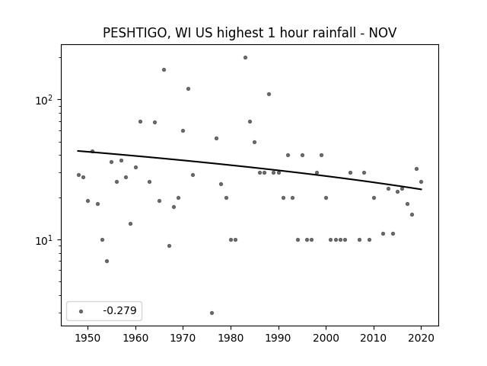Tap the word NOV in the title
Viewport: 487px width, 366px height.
coord(383,33)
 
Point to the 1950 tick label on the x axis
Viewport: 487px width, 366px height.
coord(88,338)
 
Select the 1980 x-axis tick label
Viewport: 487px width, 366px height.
coord(231,338)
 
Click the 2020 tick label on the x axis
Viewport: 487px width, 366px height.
coord(421,338)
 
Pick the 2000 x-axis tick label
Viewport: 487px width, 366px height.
coord(326,338)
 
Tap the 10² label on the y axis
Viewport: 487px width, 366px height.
coord(46,100)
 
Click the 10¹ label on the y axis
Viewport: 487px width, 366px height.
coord(46,240)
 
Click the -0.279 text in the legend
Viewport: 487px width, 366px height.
coord(120,310)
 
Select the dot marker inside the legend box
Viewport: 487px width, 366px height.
coord(81,311)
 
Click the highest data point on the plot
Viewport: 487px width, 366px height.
coord(245,58)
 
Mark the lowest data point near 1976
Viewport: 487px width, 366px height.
coord(212,313)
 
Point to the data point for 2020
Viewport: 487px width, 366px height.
coord(421,181)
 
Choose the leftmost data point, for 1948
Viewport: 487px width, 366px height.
coord(78,175)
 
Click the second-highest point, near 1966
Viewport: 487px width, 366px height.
coord(164,69)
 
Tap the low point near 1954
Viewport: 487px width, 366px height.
coord(107,261)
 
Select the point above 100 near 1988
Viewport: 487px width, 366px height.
coord(269,94)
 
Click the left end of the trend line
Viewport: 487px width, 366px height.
coord(78,151)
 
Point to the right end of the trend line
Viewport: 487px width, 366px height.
coord(422,189)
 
